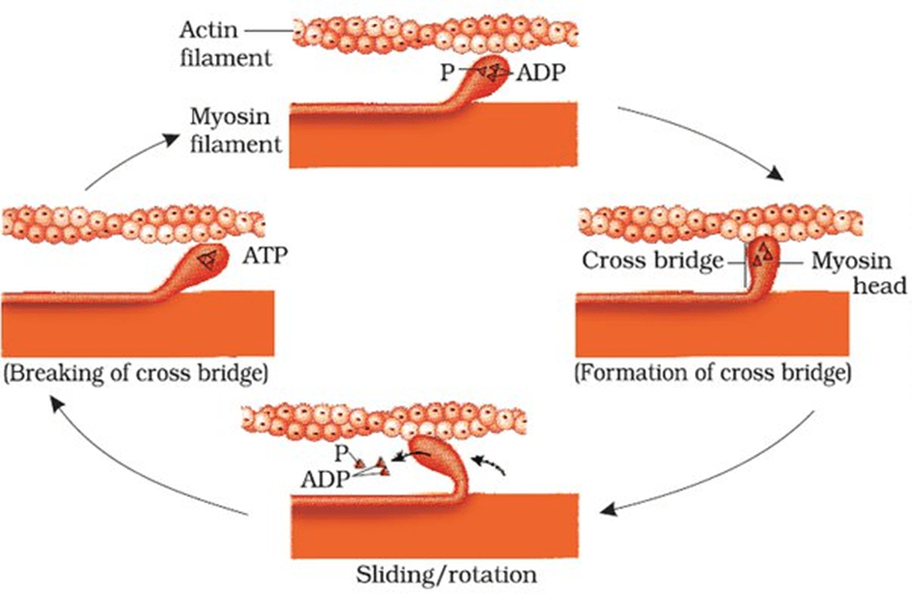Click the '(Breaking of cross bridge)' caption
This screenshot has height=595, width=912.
137,373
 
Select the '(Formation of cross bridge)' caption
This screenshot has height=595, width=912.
712,373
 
